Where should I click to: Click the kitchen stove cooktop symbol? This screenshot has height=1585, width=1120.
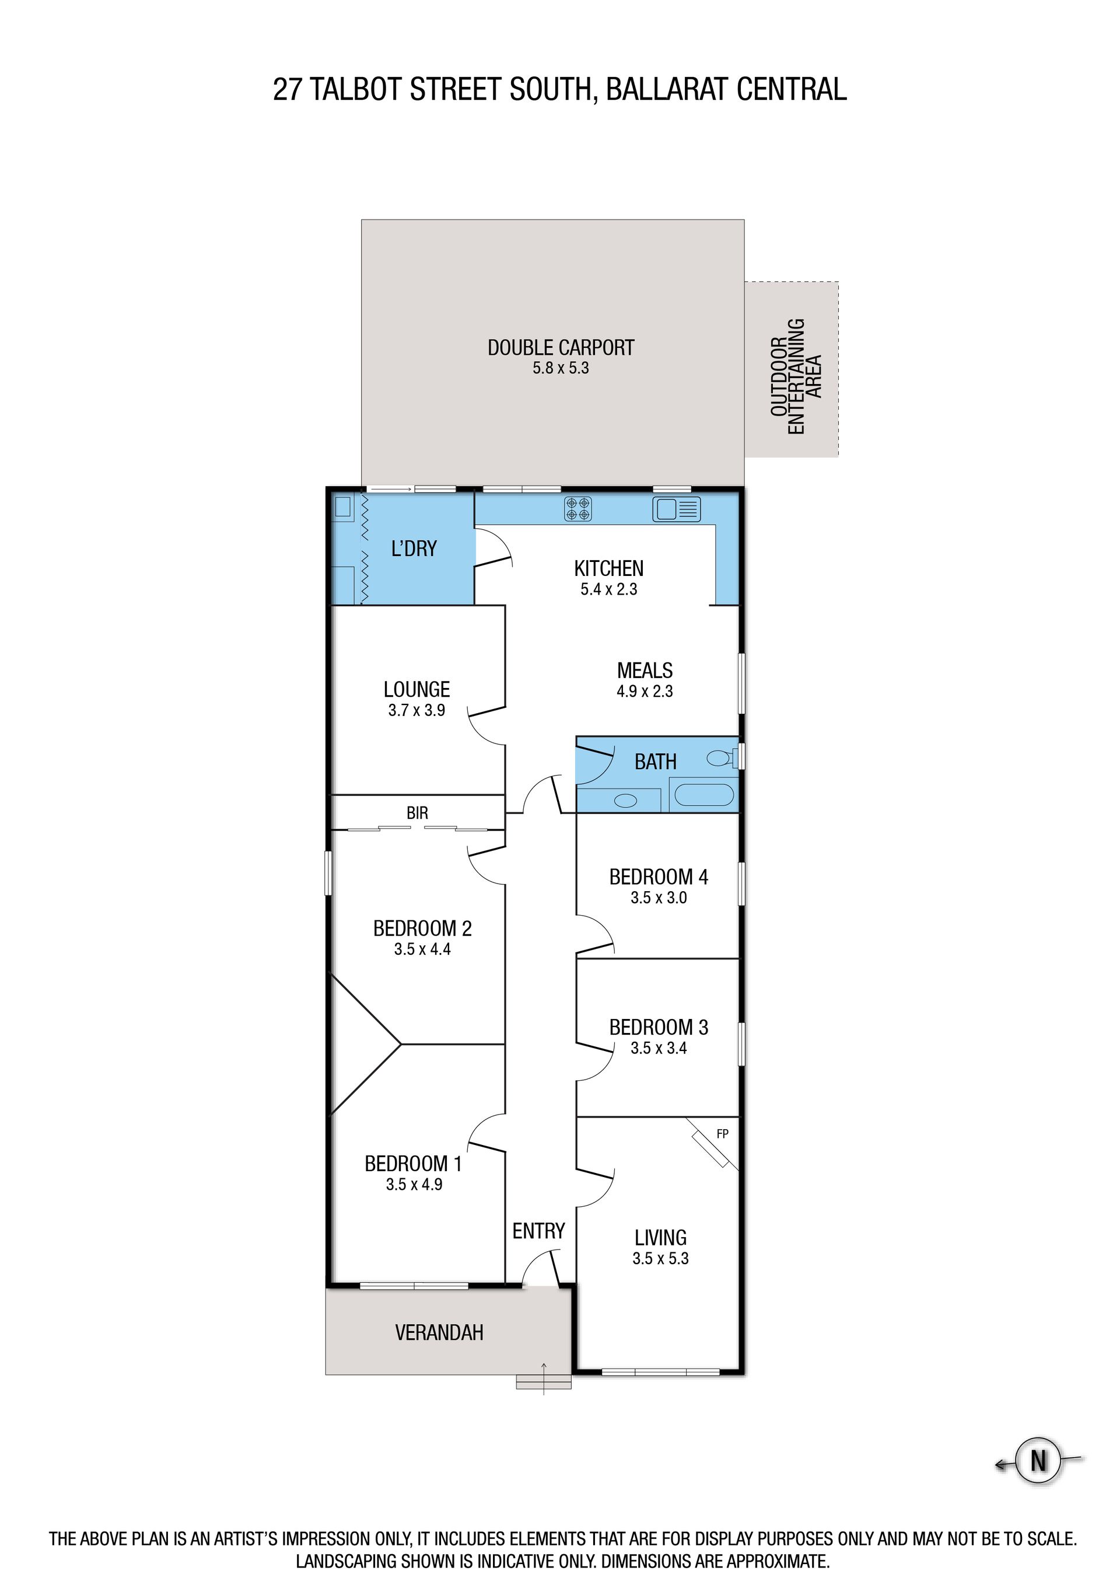[x=577, y=509]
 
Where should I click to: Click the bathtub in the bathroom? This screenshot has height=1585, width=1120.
[x=704, y=795]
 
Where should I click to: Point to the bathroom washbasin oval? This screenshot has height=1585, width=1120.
[x=626, y=801]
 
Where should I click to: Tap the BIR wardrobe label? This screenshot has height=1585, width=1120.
[x=417, y=813]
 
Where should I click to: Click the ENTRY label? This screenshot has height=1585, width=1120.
[x=538, y=1231]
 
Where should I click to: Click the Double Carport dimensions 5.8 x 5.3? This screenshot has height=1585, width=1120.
[x=561, y=368]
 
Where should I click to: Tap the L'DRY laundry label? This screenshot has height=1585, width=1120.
[x=414, y=549]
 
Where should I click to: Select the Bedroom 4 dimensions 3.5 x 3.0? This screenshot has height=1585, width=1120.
[x=659, y=898]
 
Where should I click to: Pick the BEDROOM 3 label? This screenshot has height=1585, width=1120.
[x=659, y=1027]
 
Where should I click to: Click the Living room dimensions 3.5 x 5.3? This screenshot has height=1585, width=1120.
[x=660, y=1258]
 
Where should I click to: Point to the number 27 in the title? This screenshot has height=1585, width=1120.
[x=287, y=90]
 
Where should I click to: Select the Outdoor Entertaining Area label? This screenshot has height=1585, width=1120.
[x=796, y=376]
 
